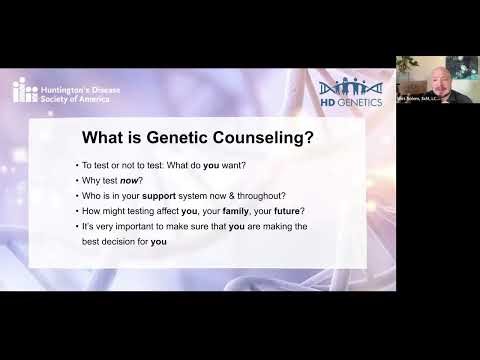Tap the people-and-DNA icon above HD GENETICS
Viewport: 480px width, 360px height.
349,87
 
